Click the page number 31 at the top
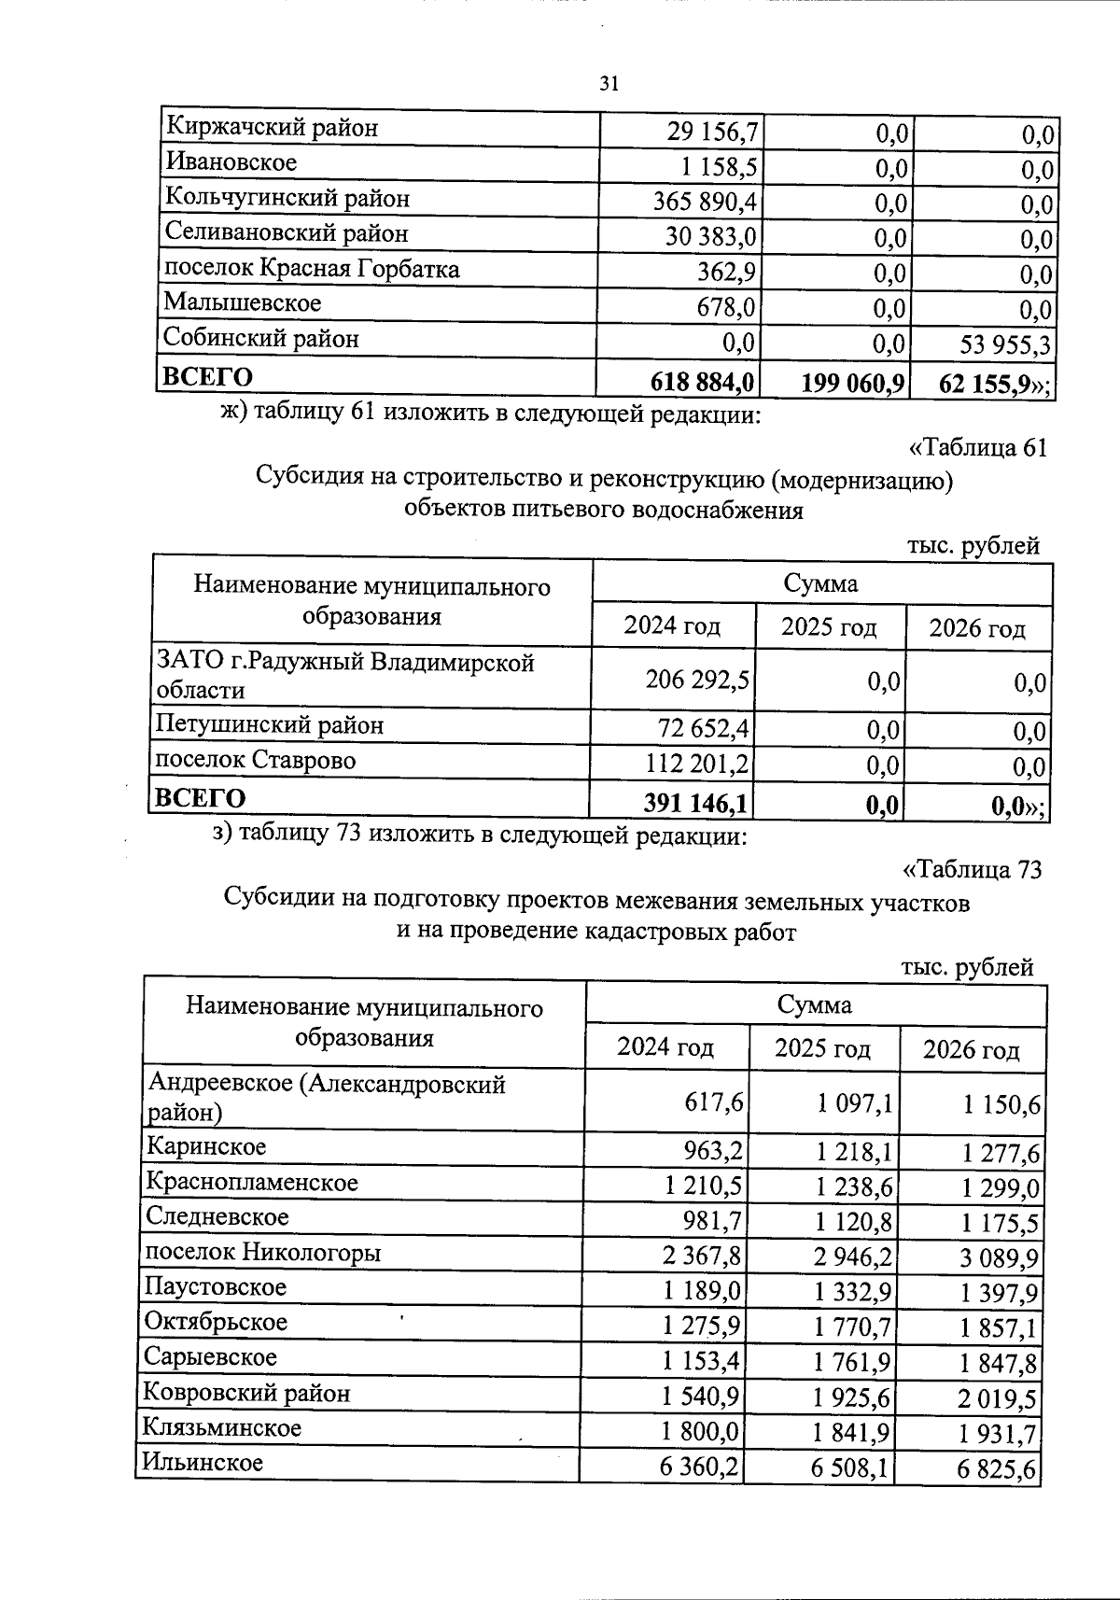pos(608,84)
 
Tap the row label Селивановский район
pos(287,232)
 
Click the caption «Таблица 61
pos(977,447)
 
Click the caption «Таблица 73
pos(971,870)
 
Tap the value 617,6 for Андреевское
pos(714,1102)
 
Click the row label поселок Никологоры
pos(262,1252)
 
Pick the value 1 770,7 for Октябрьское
pos(853,1327)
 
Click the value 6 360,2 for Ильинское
pos(699,1467)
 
